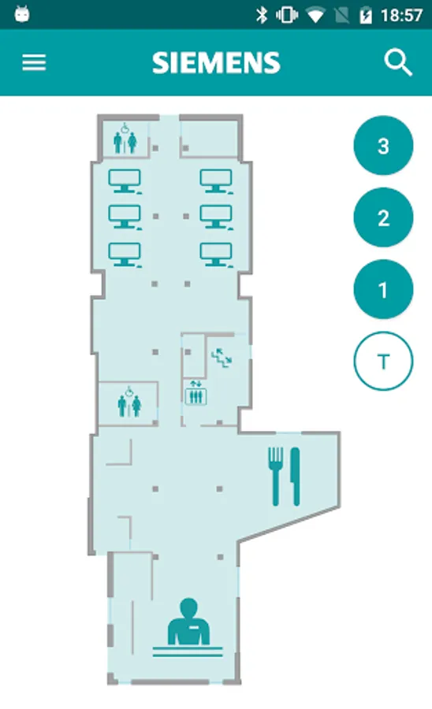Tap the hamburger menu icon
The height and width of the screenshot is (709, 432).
click(x=34, y=62)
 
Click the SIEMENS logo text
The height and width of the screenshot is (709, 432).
click(x=216, y=62)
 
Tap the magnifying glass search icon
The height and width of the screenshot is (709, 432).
click(x=398, y=62)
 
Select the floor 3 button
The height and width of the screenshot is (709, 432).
click(x=383, y=146)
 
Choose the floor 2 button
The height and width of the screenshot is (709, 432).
click(x=383, y=217)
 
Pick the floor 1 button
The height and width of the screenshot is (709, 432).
click(x=383, y=289)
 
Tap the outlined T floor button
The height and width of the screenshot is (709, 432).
click(x=383, y=362)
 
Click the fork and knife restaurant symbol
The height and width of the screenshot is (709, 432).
click(x=284, y=476)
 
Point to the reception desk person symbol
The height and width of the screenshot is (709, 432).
click(x=188, y=627)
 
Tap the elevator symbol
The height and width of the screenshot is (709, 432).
click(x=196, y=393)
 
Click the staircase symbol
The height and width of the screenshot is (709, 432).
click(x=222, y=357)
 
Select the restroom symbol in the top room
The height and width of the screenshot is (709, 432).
click(x=125, y=139)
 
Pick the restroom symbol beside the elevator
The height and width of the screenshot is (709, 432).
click(x=129, y=402)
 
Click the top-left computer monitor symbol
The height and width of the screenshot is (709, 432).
click(x=125, y=181)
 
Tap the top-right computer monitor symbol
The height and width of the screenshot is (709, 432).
click(x=217, y=181)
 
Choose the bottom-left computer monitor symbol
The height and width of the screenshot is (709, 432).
click(x=125, y=255)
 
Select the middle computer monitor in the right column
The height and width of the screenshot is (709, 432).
click(x=217, y=217)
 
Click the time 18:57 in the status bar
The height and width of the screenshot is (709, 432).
click(x=401, y=16)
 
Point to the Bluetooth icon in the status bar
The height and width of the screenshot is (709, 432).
click(x=262, y=16)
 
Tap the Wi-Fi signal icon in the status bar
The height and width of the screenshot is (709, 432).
click(x=315, y=17)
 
